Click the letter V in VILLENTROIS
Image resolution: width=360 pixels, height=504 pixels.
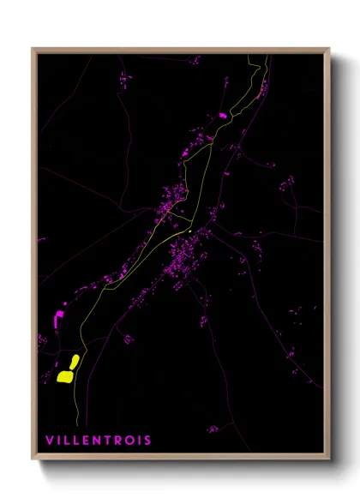pos(51,441)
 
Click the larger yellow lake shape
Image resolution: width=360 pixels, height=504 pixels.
pos(64,375)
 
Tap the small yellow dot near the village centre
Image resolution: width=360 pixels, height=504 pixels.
pos(188,231)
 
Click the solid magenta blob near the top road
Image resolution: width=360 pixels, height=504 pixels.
pos(223,115)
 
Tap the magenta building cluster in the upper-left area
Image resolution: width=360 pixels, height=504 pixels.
pos(126,79)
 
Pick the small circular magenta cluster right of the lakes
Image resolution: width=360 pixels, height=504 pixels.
pos(128,340)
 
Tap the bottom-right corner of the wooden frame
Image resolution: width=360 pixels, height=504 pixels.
pos(328,459)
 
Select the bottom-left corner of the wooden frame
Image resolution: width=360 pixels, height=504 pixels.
pos(33,459)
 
